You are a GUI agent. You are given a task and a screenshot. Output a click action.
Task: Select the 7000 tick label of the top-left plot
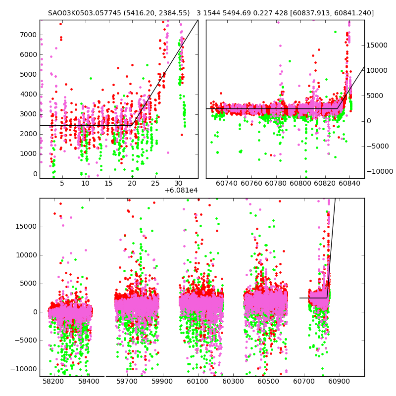point(29,35)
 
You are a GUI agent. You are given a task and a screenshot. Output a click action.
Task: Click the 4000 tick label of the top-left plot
point(29,94)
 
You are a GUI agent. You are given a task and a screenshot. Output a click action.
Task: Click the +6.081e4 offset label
point(181,190)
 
